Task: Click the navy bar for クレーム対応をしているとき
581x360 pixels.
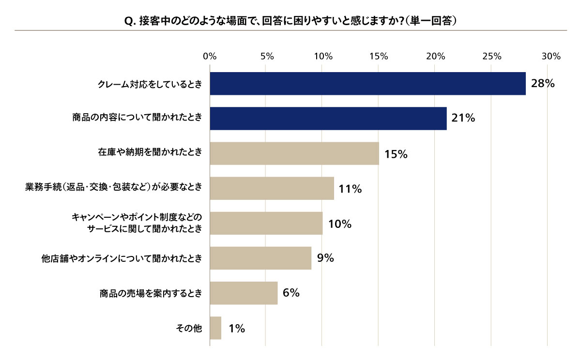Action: click(x=367, y=84)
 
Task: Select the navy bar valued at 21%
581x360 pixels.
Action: click(x=328, y=119)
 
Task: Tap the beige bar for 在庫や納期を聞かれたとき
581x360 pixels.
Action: click(x=294, y=153)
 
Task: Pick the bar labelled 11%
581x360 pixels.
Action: click(x=272, y=188)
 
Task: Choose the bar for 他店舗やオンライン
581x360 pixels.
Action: click(x=260, y=258)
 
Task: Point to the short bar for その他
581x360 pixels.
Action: click(x=215, y=328)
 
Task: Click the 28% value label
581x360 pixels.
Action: click(x=542, y=84)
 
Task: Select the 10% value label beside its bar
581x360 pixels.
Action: click(x=339, y=224)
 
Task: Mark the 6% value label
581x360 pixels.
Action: click(x=291, y=293)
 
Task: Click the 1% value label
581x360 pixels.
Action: click(x=237, y=329)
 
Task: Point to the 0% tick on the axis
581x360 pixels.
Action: click(x=210, y=56)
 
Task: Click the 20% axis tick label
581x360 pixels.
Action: click(x=435, y=56)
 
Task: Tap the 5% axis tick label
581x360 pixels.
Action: click(x=267, y=56)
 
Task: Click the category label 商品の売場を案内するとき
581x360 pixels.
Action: click(x=151, y=293)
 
